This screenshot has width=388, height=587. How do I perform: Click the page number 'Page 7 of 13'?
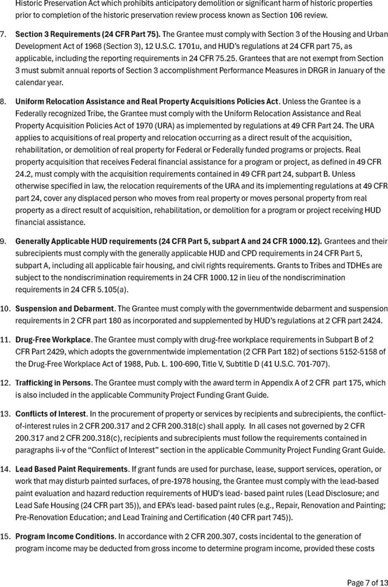[x=368, y=583]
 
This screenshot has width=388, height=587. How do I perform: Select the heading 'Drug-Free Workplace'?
[x=53, y=340]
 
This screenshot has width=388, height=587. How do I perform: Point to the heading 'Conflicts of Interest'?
[x=50, y=414]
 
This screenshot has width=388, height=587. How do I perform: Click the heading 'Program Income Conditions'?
[x=65, y=536]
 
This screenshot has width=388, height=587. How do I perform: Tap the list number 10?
[x=5, y=308]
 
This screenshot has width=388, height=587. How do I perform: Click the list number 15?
[x=5, y=536]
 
